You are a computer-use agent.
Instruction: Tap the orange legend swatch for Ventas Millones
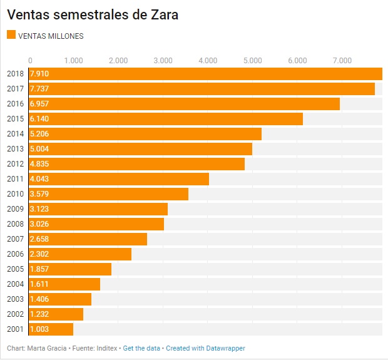(11, 36)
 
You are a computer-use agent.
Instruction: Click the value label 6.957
(39, 104)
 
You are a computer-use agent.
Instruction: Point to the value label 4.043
(39, 179)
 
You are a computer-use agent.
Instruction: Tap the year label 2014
(15, 134)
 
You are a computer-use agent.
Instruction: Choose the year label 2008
(15, 224)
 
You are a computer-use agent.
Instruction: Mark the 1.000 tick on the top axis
(73, 60)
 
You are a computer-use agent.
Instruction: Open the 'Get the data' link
(142, 348)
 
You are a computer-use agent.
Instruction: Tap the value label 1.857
(39, 269)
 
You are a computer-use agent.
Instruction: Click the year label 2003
(15, 299)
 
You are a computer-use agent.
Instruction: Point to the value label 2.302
(39, 254)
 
